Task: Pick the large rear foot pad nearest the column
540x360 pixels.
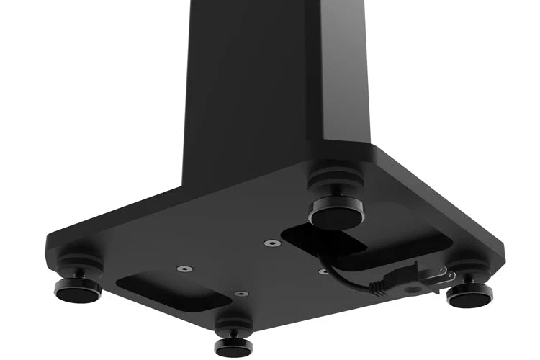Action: click(x=336, y=215)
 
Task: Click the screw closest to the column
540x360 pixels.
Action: click(x=271, y=243)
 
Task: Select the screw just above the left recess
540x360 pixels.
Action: click(x=184, y=269)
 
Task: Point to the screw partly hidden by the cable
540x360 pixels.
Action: click(x=323, y=271)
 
